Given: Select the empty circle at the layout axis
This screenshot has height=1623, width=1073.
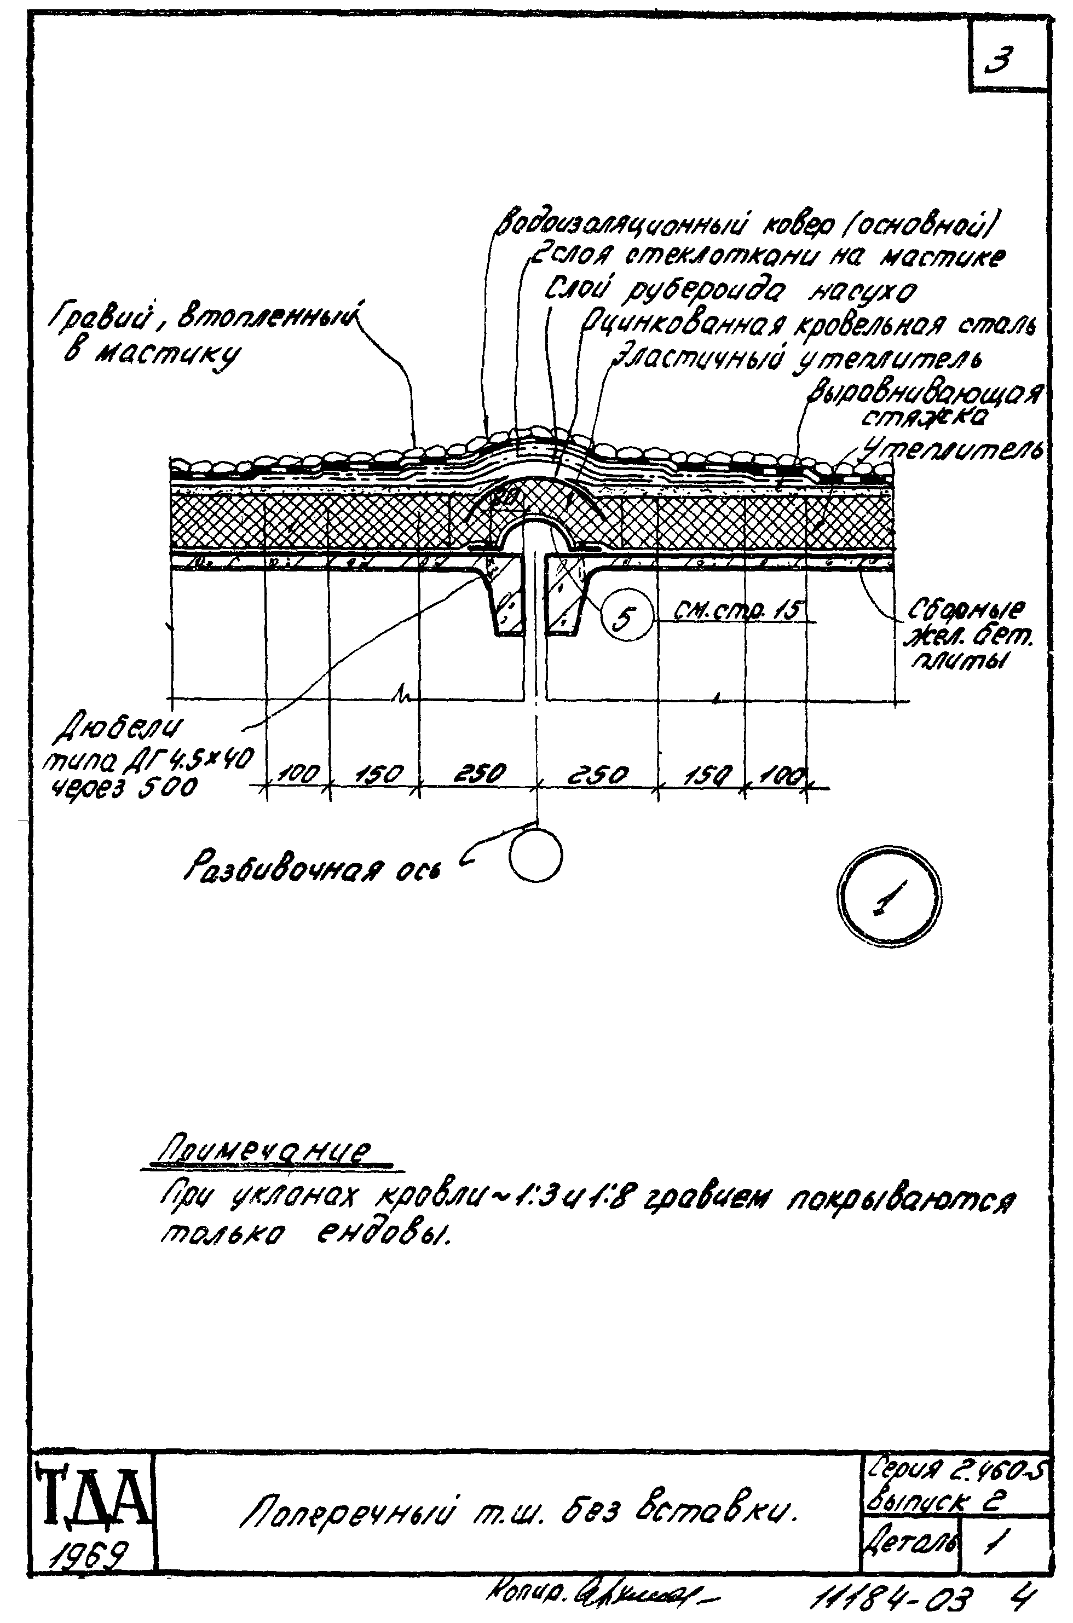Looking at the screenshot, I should [x=536, y=856].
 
